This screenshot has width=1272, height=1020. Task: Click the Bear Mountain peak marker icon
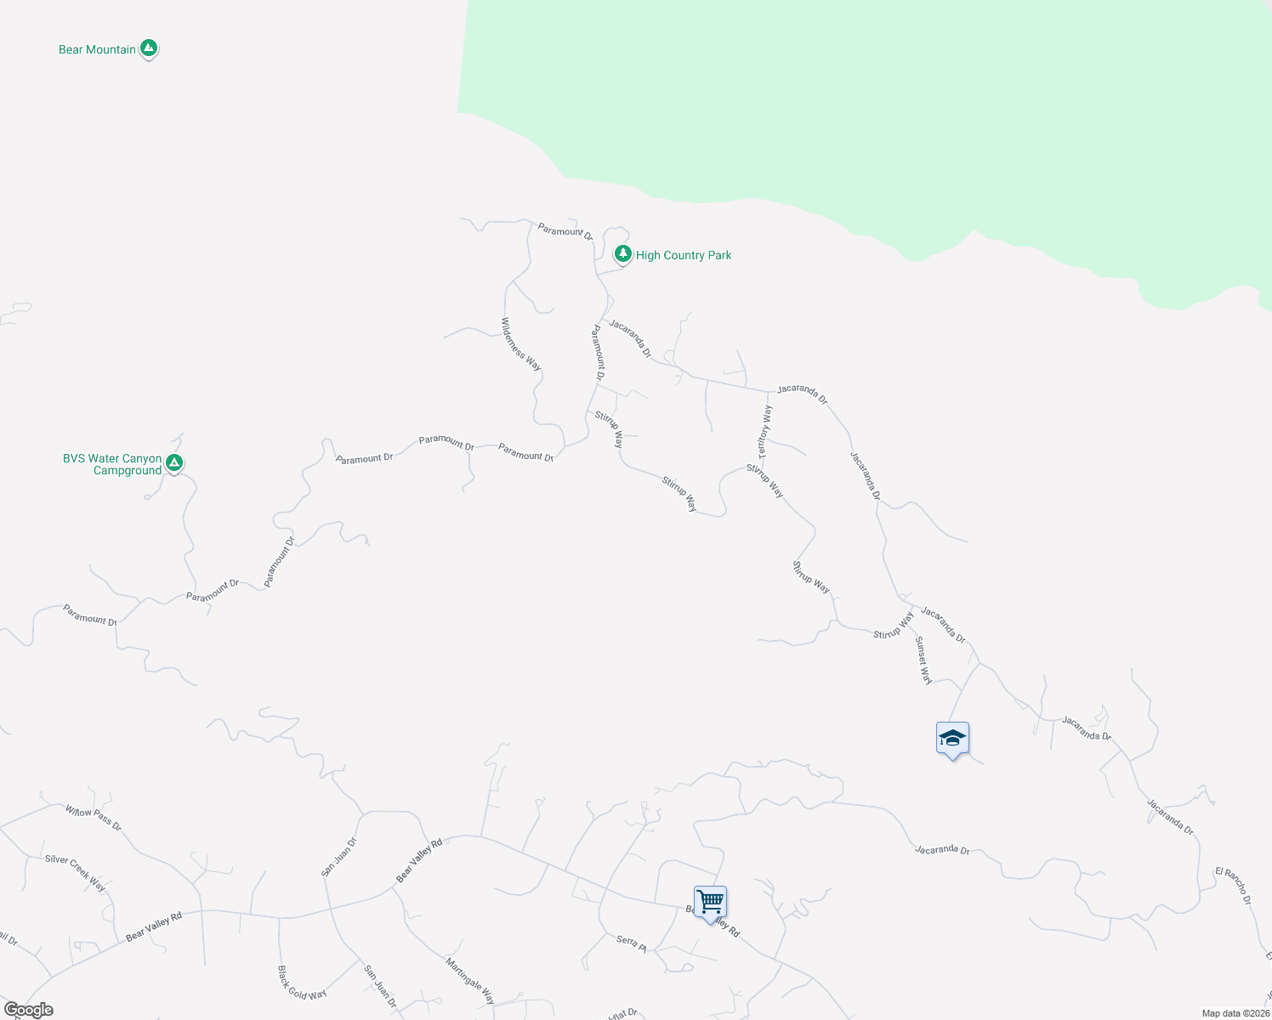click(149, 48)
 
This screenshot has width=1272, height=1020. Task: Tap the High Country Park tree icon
click(623, 253)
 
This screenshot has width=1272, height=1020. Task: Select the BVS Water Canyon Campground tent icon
click(174, 462)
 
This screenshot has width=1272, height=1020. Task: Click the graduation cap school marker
click(952, 739)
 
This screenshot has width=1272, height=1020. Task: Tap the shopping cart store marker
click(710, 901)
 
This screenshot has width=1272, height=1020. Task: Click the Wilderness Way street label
click(520, 344)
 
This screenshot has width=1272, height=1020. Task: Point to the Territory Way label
click(765, 431)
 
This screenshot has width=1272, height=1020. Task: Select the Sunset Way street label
click(923, 660)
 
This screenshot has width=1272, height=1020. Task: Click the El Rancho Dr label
click(1233, 886)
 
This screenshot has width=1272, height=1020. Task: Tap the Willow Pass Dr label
click(94, 818)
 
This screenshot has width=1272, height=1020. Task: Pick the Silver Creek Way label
click(76, 872)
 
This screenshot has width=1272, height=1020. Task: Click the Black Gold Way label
click(302, 983)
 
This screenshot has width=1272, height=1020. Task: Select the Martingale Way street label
click(470, 980)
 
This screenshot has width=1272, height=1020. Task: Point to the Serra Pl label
click(632, 941)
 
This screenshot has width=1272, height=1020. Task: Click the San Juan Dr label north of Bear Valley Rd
click(338, 857)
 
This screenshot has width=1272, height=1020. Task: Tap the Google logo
click(29, 1010)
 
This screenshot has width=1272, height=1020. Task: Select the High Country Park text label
click(684, 255)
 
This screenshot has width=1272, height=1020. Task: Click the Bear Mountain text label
click(97, 49)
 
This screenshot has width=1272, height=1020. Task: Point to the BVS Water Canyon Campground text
click(112, 464)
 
